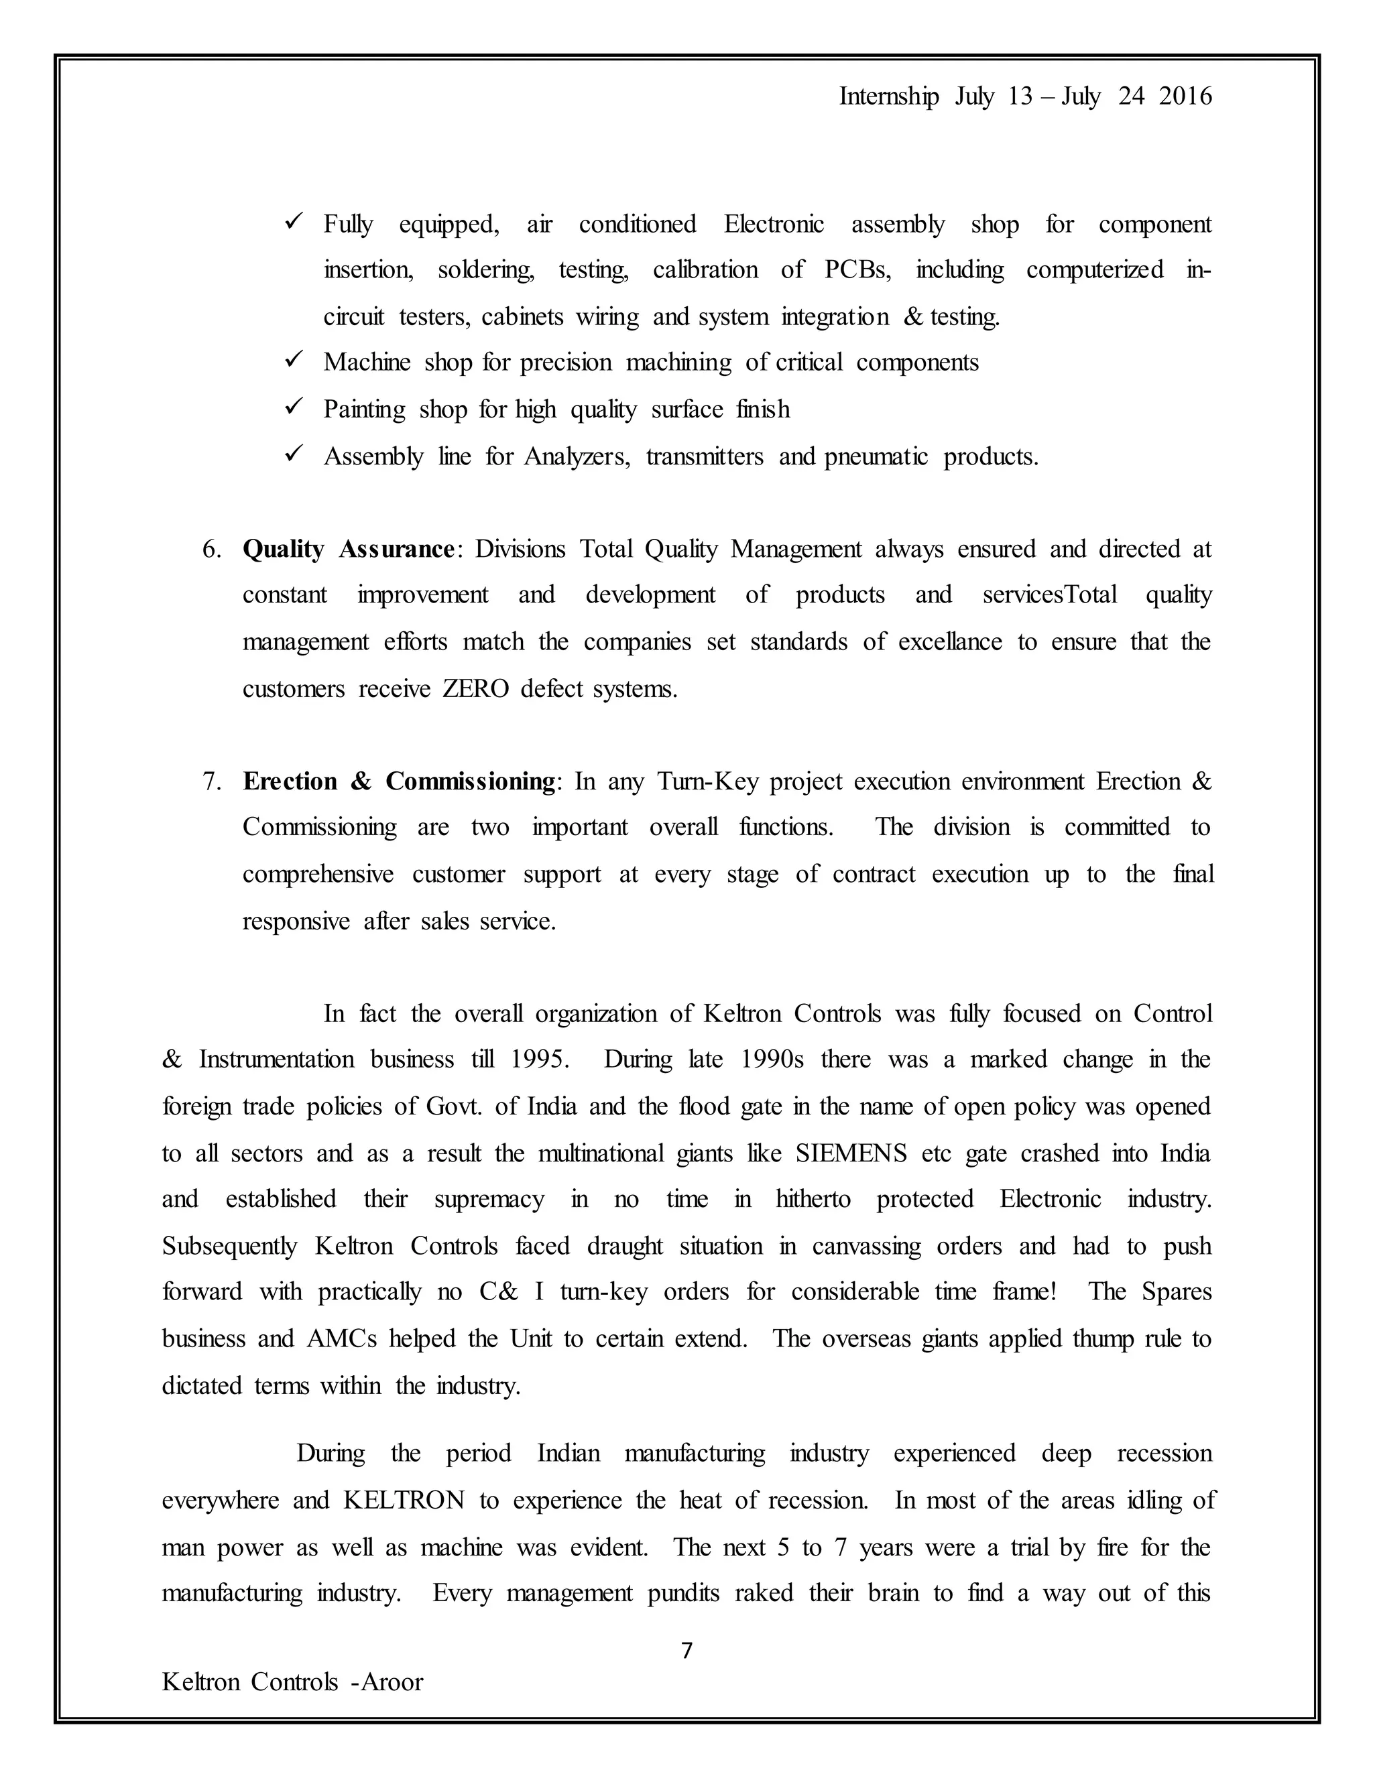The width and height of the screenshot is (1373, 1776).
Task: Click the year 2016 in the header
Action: tap(1185, 97)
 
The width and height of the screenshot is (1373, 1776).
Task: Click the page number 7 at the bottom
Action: tap(686, 1650)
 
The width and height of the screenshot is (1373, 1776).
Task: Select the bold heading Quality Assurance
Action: tap(348, 549)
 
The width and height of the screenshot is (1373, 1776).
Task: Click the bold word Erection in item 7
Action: tap(290, 781)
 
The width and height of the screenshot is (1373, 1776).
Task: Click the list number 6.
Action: tap(211, 550)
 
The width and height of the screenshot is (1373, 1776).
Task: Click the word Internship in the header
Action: tap(888, 97)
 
